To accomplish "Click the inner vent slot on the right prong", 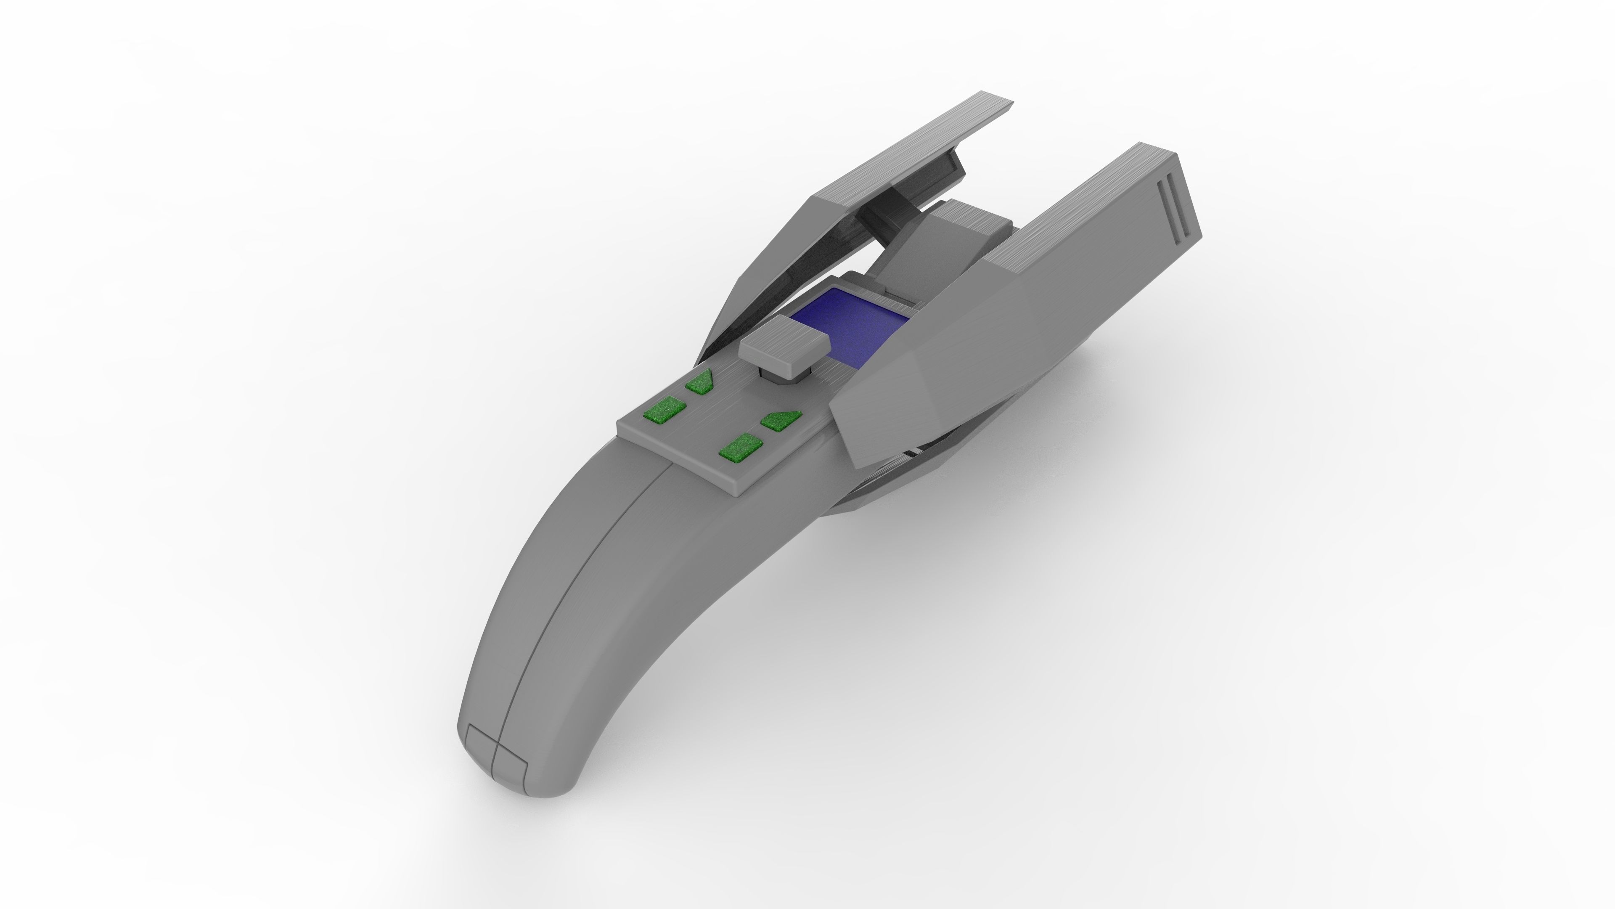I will (1166, 213).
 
